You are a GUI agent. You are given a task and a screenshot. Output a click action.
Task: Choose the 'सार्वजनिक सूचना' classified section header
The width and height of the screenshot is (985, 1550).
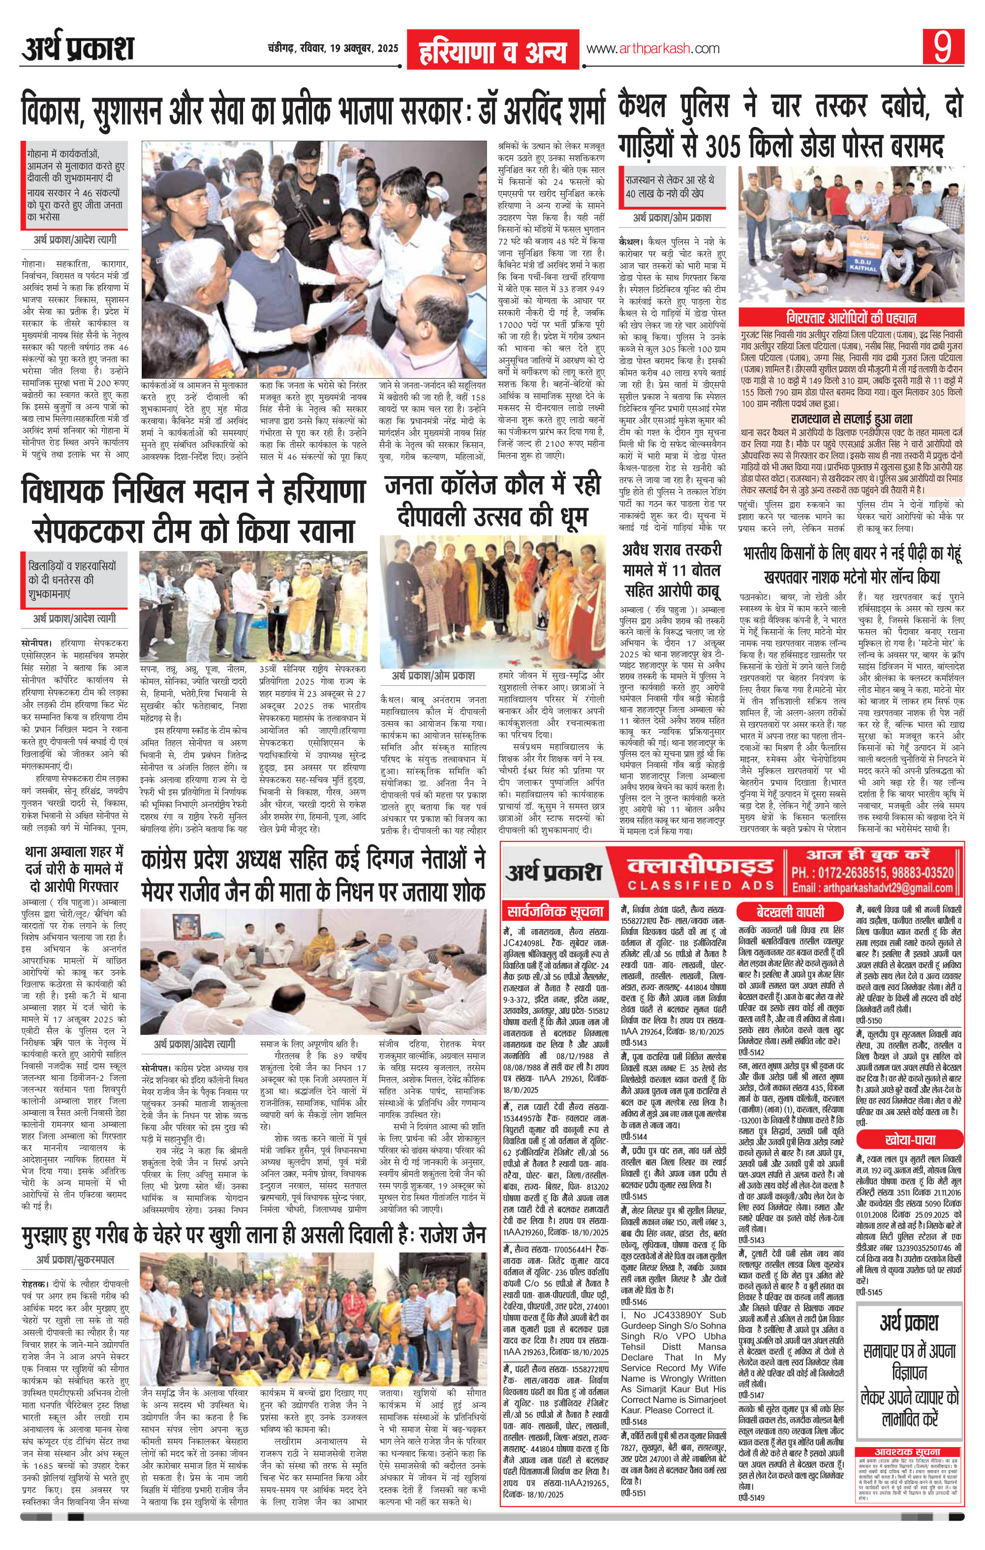555,911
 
